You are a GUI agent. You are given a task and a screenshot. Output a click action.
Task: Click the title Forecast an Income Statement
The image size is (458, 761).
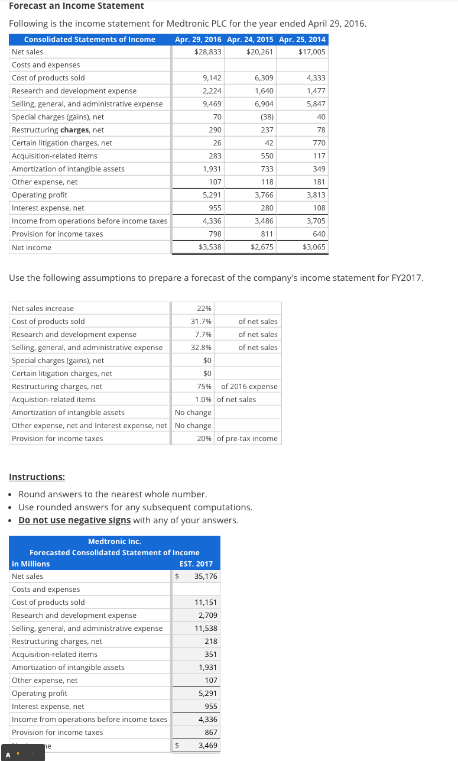pos(76,6)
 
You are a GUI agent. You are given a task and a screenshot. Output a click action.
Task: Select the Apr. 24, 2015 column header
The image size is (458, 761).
pos(250,39)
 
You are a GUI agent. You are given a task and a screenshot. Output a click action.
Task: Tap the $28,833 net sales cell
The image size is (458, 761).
pos(208,52)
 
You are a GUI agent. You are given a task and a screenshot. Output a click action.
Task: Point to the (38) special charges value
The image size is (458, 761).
pos(267,117)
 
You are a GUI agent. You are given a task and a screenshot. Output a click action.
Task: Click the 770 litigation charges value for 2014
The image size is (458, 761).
pos(319,143)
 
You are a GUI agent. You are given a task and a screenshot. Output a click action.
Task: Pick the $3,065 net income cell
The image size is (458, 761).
pos(314,247)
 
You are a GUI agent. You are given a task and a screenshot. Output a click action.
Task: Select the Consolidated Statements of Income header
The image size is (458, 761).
pos(90,39)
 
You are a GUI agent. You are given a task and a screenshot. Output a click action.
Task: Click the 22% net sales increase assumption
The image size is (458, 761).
pos(204,309)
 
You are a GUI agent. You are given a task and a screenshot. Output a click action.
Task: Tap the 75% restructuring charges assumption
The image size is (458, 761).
pos(204,387)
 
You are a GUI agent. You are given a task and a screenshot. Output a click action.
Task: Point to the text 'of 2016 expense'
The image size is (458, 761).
pos(249,387)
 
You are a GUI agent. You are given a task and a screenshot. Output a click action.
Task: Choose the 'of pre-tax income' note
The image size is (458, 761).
pos(247,439)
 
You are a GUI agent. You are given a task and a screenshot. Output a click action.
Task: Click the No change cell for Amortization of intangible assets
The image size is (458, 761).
pos(193,413)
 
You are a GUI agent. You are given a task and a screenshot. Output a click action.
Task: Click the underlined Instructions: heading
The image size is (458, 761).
pos(37,477)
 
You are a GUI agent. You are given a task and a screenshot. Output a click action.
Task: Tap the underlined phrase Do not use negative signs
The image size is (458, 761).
pos(74,520)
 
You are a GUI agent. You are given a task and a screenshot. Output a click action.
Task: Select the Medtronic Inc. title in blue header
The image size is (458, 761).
pos(115,542)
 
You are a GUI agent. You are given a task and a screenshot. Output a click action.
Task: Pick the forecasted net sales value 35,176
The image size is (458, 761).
pos(206,577)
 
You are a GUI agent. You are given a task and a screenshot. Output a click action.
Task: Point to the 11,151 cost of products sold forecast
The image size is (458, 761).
pos(206,603)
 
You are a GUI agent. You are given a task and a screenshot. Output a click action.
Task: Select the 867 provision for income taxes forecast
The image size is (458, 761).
pos(210,733)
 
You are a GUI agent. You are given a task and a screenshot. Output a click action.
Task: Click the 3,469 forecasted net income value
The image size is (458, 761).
pos(207,746)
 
